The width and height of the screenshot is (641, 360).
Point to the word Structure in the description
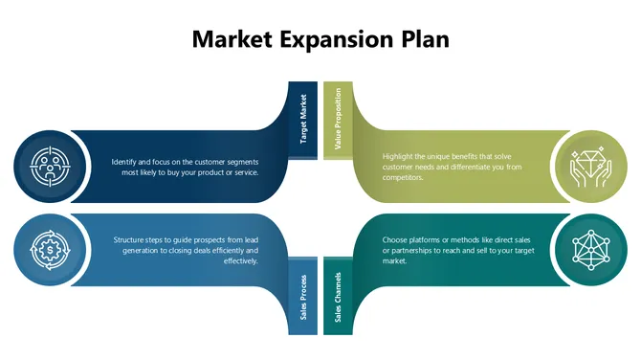pos(130,238)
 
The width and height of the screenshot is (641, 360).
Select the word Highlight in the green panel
pos(400,156)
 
